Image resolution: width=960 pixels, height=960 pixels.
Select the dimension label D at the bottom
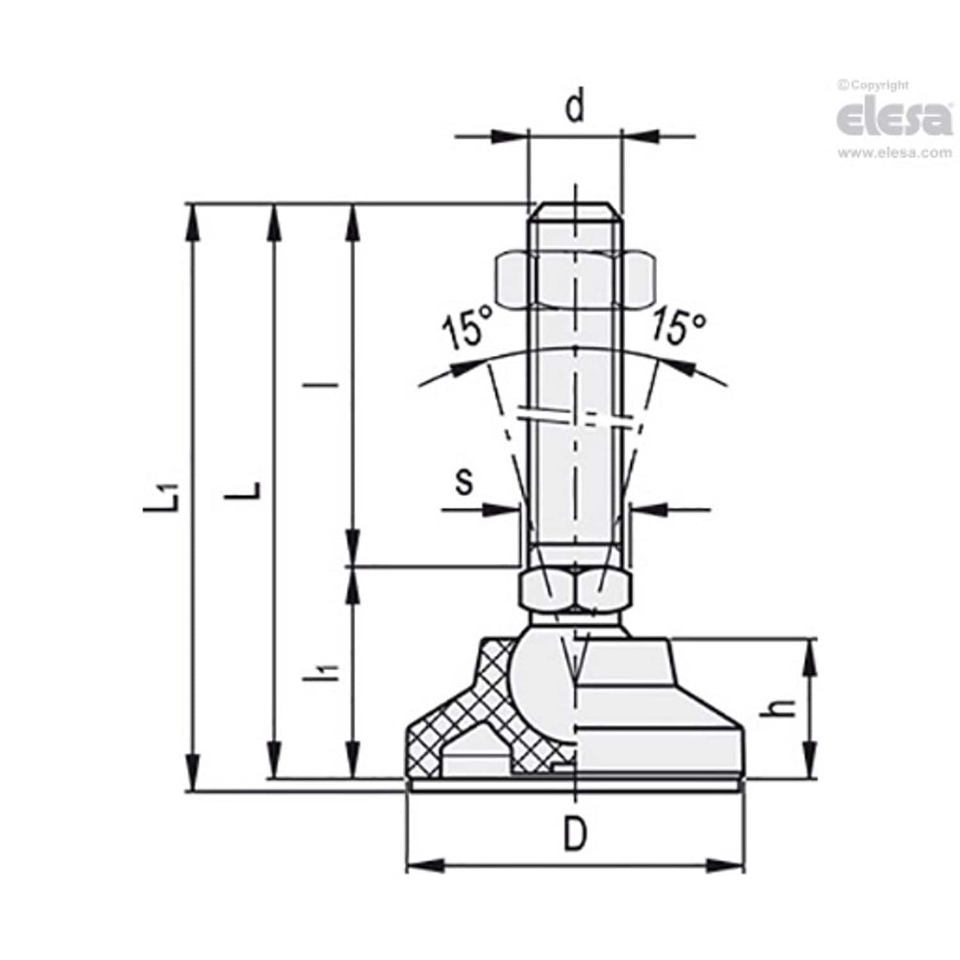[x=575, y=833]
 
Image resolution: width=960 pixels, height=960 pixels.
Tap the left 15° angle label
[x=466, y=329]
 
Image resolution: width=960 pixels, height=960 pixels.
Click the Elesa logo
[x=894, y=119]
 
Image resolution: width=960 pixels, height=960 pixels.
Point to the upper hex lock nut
[x=575, y=279]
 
